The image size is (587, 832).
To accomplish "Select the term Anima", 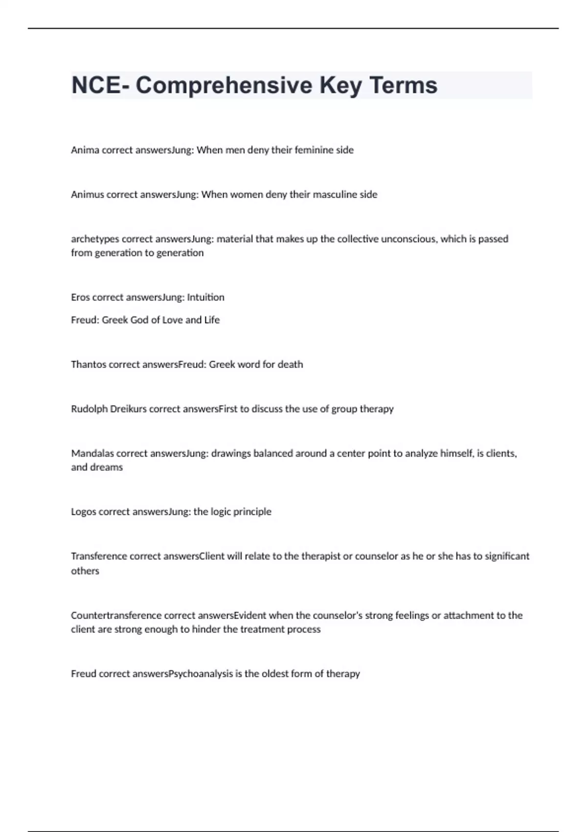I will (x=85, y=150).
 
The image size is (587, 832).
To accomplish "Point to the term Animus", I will (x=87, y=195).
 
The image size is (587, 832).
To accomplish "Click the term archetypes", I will (x=95, y=239).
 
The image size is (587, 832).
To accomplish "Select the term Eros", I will (x=80, y=298).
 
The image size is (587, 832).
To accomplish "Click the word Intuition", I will (x=205, y=298).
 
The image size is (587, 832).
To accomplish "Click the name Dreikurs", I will (x=128, y=409).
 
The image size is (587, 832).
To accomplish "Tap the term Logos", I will (x=84, y=512).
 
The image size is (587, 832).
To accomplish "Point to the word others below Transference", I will (x=85, y=571).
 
